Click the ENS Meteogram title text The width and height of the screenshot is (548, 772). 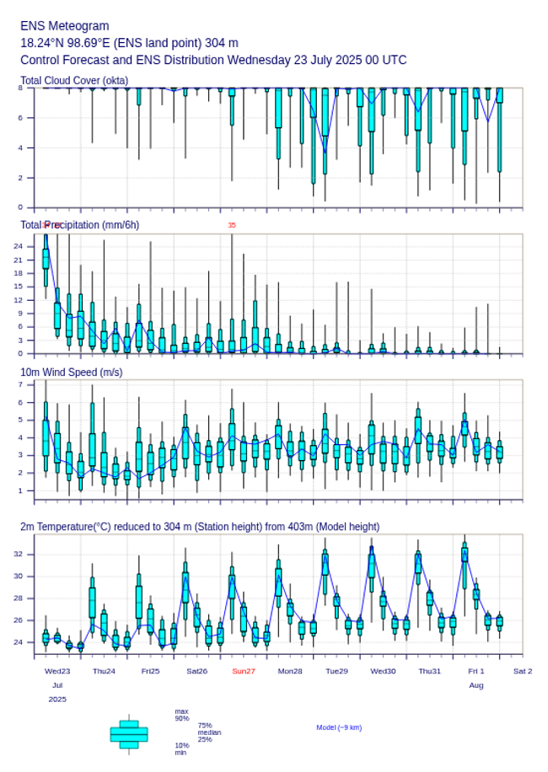[x=64, y=26]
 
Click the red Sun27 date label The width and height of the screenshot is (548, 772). [x=244, y=671]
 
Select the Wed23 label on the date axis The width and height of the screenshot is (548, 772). [x=57, y=671]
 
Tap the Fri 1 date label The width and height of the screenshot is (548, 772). [x=476, y=671]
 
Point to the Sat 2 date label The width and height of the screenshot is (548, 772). [x=523, y=671]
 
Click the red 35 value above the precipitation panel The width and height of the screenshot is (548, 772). [x=232, y=225]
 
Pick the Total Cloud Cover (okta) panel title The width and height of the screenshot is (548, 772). [x=74, y=80]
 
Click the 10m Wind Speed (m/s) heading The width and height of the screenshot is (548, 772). [x=71, y=372]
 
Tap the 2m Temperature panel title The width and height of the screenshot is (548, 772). [x=200, y=527]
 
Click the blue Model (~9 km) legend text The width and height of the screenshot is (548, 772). [x=339, y=727]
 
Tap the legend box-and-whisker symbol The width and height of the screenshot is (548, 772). [x=129, y=734]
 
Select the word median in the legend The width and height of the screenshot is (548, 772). [x=209, y=732]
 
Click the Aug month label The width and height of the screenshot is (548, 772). [x=476, y=686]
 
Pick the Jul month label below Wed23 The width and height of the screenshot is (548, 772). [x=57, y=686]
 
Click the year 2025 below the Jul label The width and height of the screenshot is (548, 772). [x=57, y=700]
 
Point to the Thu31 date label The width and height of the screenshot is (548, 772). [x=430, y=671]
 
